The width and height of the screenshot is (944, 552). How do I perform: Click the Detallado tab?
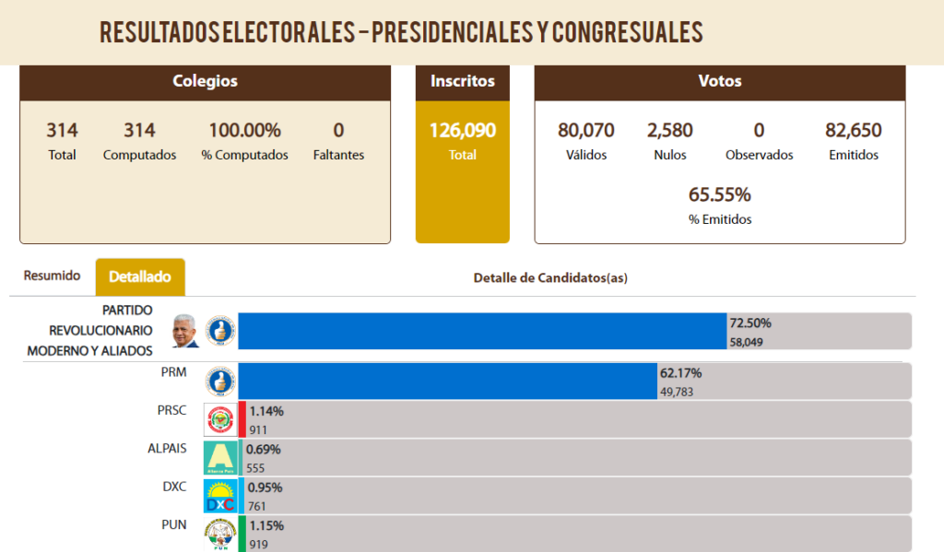(140, 276)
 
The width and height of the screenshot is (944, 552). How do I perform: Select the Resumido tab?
(52, 276)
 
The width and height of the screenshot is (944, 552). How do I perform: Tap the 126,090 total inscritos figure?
(463, 130)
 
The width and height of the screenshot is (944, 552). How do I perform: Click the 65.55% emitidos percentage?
(719, 194)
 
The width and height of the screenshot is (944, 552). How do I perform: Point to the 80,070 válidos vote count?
(585, 130)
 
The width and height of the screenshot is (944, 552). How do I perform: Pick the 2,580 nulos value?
(670, 130)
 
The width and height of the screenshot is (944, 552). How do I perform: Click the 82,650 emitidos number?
(853, 130)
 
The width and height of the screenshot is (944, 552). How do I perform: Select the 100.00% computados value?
(244, 130)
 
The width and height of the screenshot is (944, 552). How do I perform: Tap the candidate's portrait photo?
(184, 331)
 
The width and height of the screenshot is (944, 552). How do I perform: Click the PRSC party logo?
(220, 419)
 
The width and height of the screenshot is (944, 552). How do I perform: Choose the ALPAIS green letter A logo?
(220, 457)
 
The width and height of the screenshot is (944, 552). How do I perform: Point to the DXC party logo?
(220, 496)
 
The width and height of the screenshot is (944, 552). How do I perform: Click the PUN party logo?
(220, 534)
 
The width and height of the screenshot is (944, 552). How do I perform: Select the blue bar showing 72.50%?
(482, 331)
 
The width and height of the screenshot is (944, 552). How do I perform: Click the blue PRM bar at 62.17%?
(447, 381)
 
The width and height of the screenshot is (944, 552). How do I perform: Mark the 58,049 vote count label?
(746, 343)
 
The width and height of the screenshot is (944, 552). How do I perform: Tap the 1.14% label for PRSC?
(266, 411)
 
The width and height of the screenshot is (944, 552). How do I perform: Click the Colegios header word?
(205, 81)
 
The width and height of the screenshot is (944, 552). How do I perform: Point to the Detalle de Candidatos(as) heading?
(550, 277)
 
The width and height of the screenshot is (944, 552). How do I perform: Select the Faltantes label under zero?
(338, 155)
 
